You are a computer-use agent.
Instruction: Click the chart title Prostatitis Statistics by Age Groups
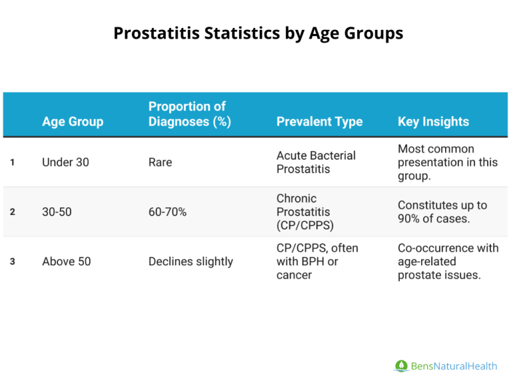[258, 33]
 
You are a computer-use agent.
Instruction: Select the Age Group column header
[73, 122]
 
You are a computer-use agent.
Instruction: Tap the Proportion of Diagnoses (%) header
[190, 114]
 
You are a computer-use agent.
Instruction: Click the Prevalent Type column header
[319, 122]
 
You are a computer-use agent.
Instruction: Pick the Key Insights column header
[433, 122]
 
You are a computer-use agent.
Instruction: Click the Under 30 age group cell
[65, 162]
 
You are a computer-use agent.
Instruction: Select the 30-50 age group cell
[57, 212]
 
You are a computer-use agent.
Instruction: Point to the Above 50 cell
[67, 261]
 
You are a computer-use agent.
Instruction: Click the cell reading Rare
[160, 162]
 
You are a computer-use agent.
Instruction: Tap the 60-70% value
[167, 212]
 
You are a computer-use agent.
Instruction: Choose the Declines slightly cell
[190, 261]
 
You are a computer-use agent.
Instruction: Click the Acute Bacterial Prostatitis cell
[316, 162]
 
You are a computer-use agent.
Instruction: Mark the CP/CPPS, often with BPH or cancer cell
[317, 261]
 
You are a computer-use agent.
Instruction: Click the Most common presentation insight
[447, 162]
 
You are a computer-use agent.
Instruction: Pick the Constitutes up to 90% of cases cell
[442, 212]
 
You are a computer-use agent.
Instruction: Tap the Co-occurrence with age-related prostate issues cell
[448, 261]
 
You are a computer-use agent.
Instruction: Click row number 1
[13, 162]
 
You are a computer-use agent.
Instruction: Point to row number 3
[13, 261]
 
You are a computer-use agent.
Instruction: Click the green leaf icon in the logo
[401, 366]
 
